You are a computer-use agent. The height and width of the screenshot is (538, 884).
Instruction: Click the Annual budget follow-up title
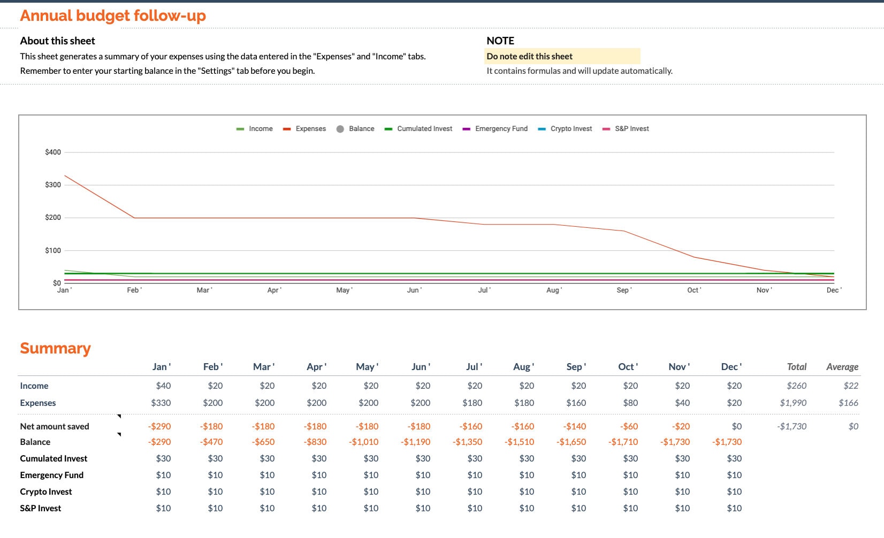pyautogui.click(x=113, y=16)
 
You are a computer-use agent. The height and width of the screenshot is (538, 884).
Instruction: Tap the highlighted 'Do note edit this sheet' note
pyautogui.click(x=529, y=56)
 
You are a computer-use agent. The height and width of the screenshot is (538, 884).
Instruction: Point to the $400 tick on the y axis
pyautogui.click(x=53, y=152)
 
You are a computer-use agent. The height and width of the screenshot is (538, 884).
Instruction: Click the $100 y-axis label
pyautogui.click(x=53, y=251)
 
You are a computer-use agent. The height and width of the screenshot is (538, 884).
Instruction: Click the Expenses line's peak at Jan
pyautogui.click(x=65, y=175)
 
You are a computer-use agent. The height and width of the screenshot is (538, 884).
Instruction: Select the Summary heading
pyautogui.click(x=55, y=348)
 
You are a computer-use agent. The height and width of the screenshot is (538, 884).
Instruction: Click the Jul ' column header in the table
pyautogui.click(x=474, y=367)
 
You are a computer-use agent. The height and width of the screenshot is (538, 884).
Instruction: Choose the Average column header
pyautogui.click(x=842, y=367)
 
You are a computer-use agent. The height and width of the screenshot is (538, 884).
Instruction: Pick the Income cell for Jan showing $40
pyautogui.click(x=163, y=386)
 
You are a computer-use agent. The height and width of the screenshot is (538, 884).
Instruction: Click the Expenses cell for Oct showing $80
pyautogui.click(x=630, y=403)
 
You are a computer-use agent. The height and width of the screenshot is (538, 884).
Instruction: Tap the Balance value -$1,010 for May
pyautogui.click(x=364, y=442)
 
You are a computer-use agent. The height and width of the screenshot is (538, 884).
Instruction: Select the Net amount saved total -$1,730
pyautogui.click(x=791, y=426)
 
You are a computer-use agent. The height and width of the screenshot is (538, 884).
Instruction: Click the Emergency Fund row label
pyautogui.click(x=51, y=475)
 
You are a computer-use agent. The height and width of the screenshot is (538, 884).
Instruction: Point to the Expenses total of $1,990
pyautogui.click(x=793, y=403)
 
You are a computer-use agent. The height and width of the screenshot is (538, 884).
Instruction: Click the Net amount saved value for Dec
pyautogui.click(x=736, y=426)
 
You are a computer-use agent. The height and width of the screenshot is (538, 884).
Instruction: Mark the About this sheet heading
pyautogui.click(x=57, y=41)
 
